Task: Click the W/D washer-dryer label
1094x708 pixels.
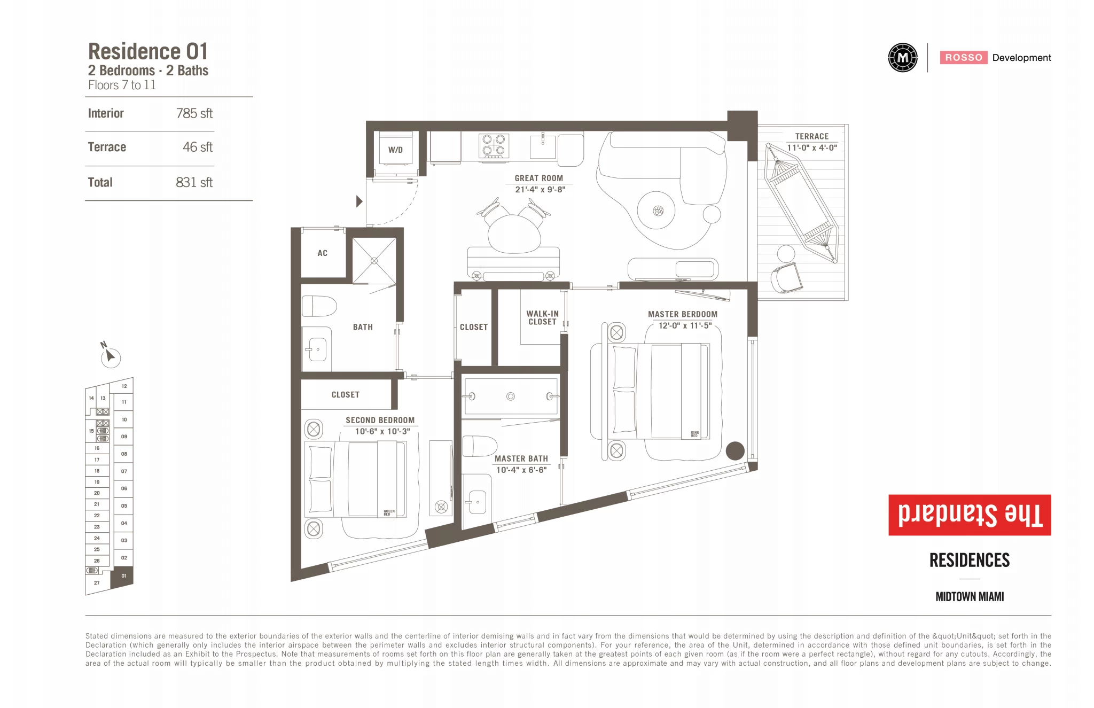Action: [395, 150]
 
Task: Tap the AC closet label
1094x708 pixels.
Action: [322, 253]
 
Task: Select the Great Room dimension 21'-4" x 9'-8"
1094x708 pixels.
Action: [540, 190]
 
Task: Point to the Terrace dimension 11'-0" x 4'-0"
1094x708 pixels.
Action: [812, 148]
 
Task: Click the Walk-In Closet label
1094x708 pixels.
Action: [542, 318]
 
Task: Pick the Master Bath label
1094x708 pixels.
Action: [521, 458]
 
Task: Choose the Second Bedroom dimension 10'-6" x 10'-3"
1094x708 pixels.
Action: [382, 432]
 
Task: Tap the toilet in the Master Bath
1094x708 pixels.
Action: [480, 446]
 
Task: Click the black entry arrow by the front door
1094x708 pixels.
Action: [360, 201]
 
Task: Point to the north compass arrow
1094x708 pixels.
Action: [110, 355]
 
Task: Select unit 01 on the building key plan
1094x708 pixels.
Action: [123, 576]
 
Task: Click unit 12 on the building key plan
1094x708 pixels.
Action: [124, 386]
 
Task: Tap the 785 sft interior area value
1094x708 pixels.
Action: [194, 113]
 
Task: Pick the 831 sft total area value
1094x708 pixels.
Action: [194, 182]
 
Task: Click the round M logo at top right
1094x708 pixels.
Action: [903, 58]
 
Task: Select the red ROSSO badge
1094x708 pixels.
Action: [964, 58]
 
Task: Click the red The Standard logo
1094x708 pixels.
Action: [970, 515]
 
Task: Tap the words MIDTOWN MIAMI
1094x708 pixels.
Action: [970, 597]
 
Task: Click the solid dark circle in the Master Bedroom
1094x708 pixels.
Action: [735, 451]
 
